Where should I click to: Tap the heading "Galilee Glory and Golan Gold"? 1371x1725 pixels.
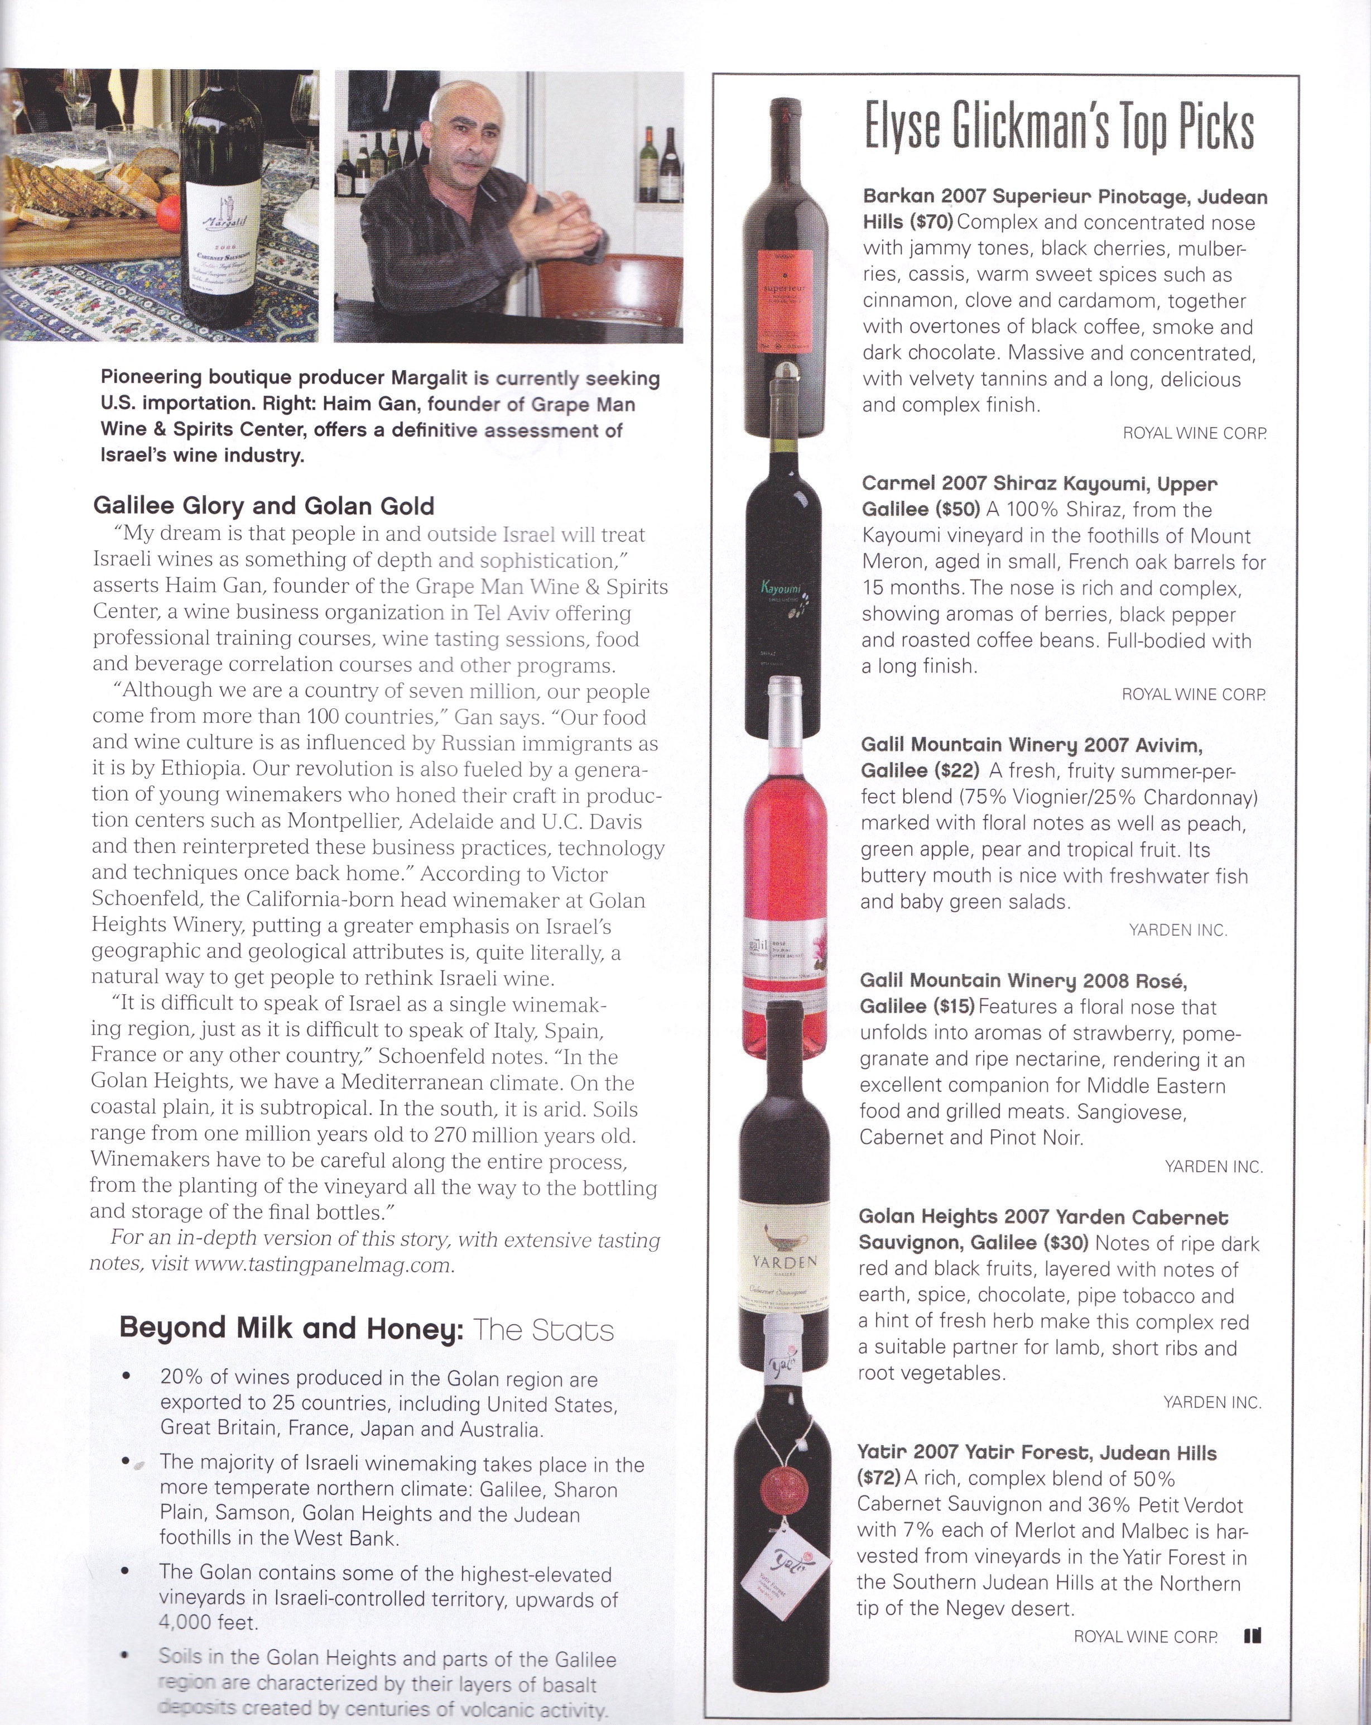click(264, 506)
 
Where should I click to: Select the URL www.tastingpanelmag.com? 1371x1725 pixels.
click(323, 1265)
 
